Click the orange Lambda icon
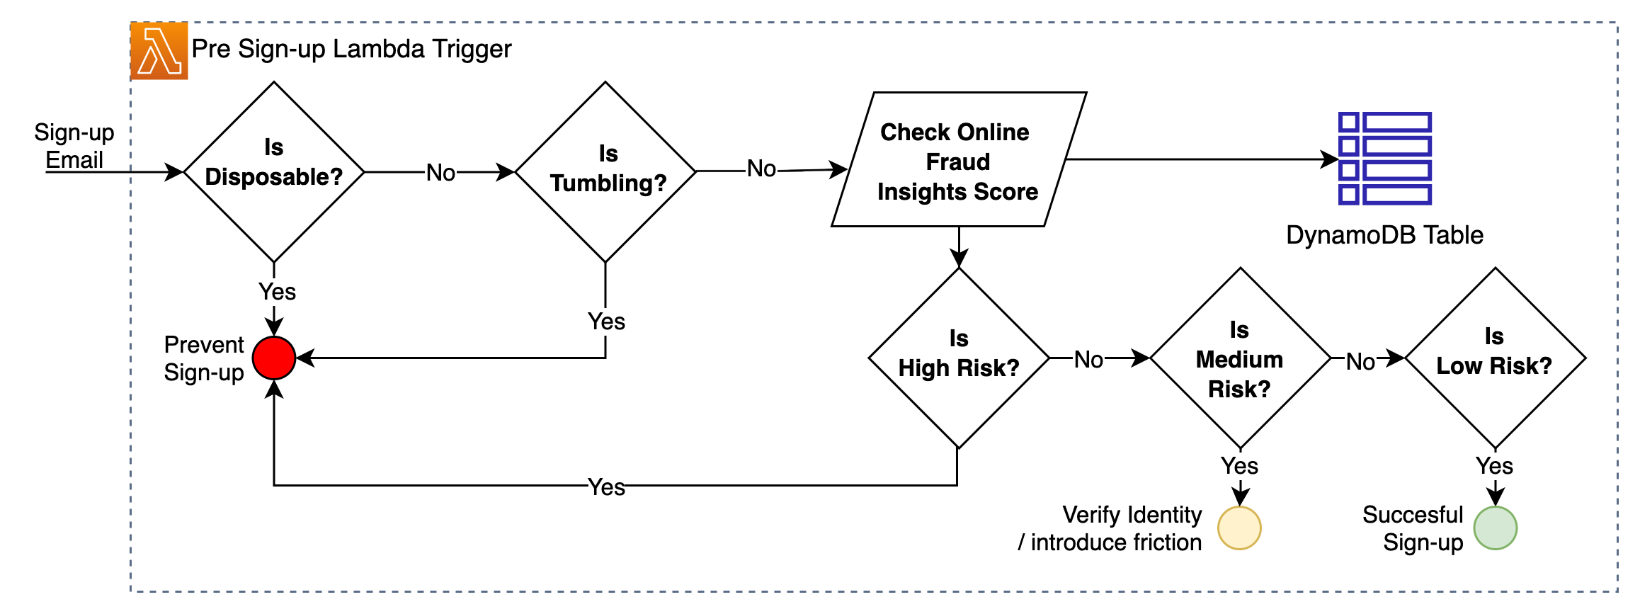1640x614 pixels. pos(159,51)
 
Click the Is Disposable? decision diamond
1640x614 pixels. pos(274,172)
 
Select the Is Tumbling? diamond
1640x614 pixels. pos(605,172)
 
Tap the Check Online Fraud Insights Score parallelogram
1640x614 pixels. pos(958,160)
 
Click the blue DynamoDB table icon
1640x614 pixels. pos(1384,159)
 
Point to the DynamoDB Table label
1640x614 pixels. pos(1384,235)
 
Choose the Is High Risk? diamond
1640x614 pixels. pos(958,358)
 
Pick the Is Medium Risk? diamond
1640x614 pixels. pos(1240,358)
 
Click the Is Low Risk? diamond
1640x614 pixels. pos(1495,358)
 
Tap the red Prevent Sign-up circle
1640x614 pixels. pos(274,358)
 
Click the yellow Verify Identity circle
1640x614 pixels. pos(1239,528)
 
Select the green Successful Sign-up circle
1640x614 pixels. pos(1495,528)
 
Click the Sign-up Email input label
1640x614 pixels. pos(74,146)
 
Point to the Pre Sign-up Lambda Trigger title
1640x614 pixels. pos(351,49)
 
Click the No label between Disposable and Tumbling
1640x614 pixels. pos(440,173)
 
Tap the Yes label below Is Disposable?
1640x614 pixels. pos(277,292)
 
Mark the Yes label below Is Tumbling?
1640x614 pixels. pos(606,322)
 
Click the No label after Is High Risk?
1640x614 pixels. pos(1088,360)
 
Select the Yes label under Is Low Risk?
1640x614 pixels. pos(1494,466)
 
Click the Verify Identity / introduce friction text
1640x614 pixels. pos(1111,528)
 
